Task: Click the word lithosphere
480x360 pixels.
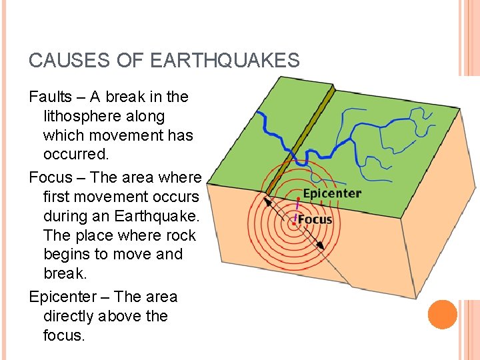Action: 83,116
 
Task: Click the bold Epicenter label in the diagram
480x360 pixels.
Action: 332,194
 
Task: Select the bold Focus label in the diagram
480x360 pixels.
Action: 315,219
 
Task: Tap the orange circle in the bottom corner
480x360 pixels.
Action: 442,314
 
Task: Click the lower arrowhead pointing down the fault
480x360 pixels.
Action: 321,245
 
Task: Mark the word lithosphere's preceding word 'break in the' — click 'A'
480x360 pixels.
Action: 95,97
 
